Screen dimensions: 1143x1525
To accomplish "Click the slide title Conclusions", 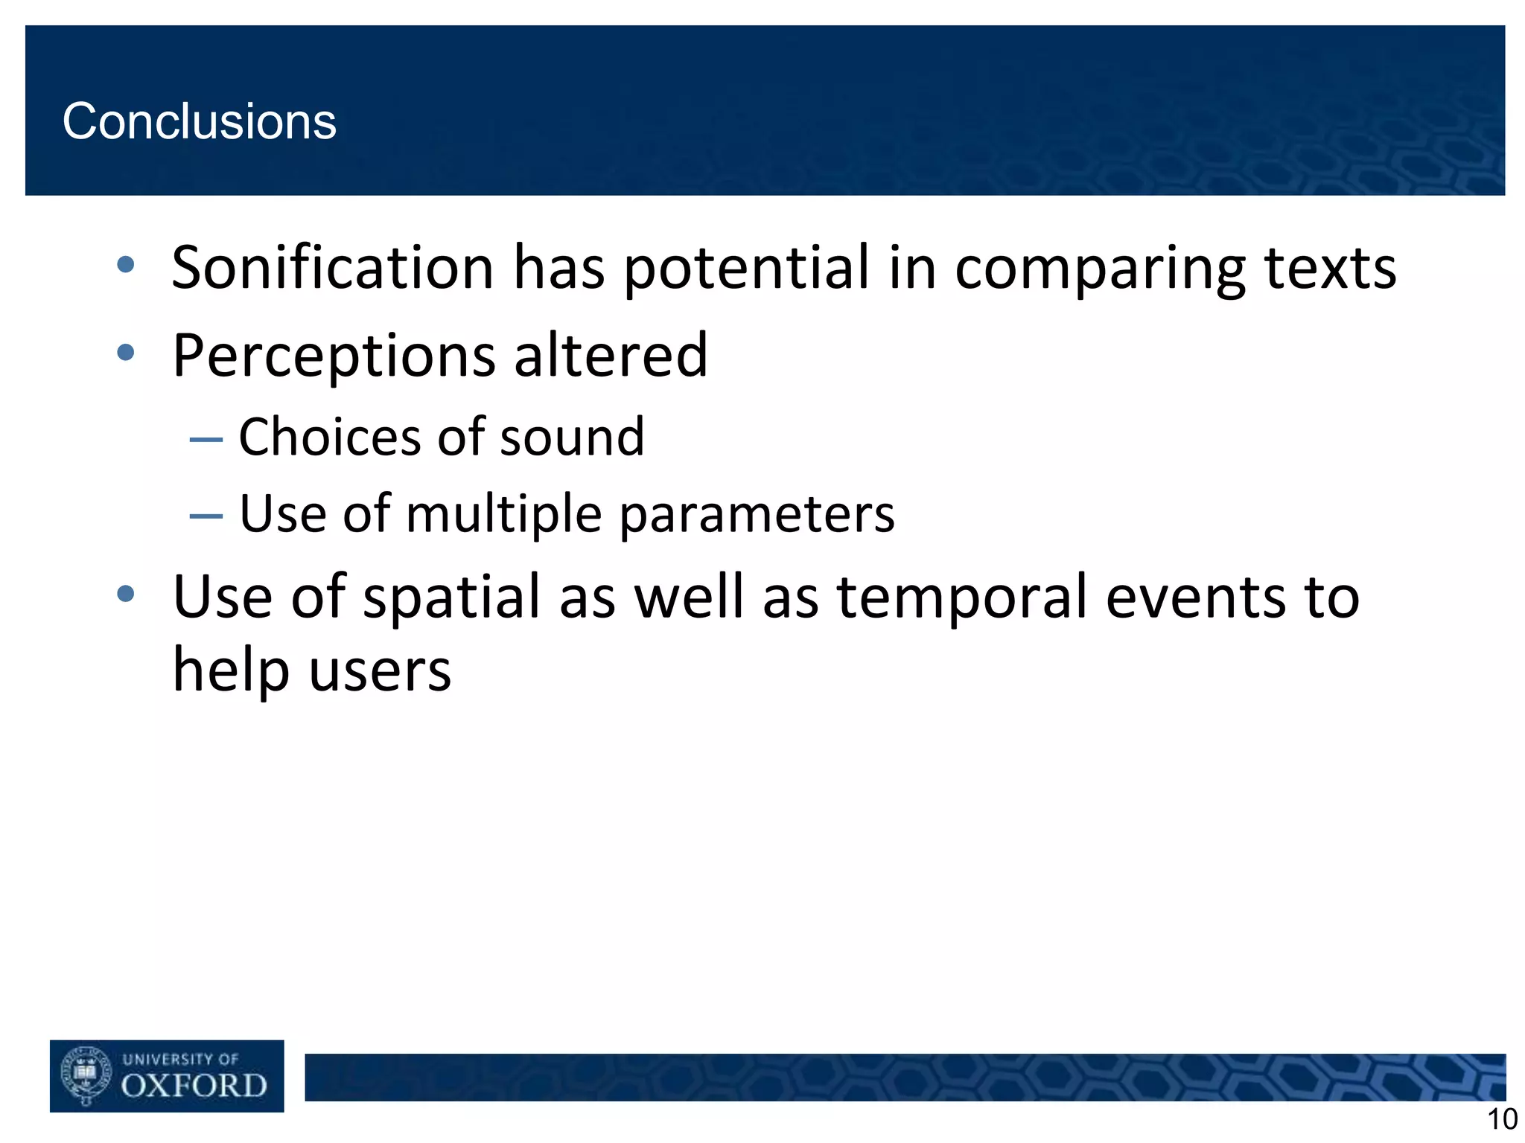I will [199, 121].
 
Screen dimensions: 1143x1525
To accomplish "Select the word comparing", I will [1100, 269].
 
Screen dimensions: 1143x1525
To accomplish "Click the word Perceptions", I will [333, 356].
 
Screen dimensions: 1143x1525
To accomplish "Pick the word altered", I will [611, 355].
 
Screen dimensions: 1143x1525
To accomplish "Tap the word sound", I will [572, 438].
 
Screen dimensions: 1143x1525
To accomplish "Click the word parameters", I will [757, 516].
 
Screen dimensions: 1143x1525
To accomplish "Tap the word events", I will [1194, 598].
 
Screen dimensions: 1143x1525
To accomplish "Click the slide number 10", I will [1501, 1119].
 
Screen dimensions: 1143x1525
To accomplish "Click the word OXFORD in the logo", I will [194, 1086].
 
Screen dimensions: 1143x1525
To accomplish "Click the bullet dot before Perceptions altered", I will [126, 352].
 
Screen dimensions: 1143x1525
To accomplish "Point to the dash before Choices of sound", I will [206, 440].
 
